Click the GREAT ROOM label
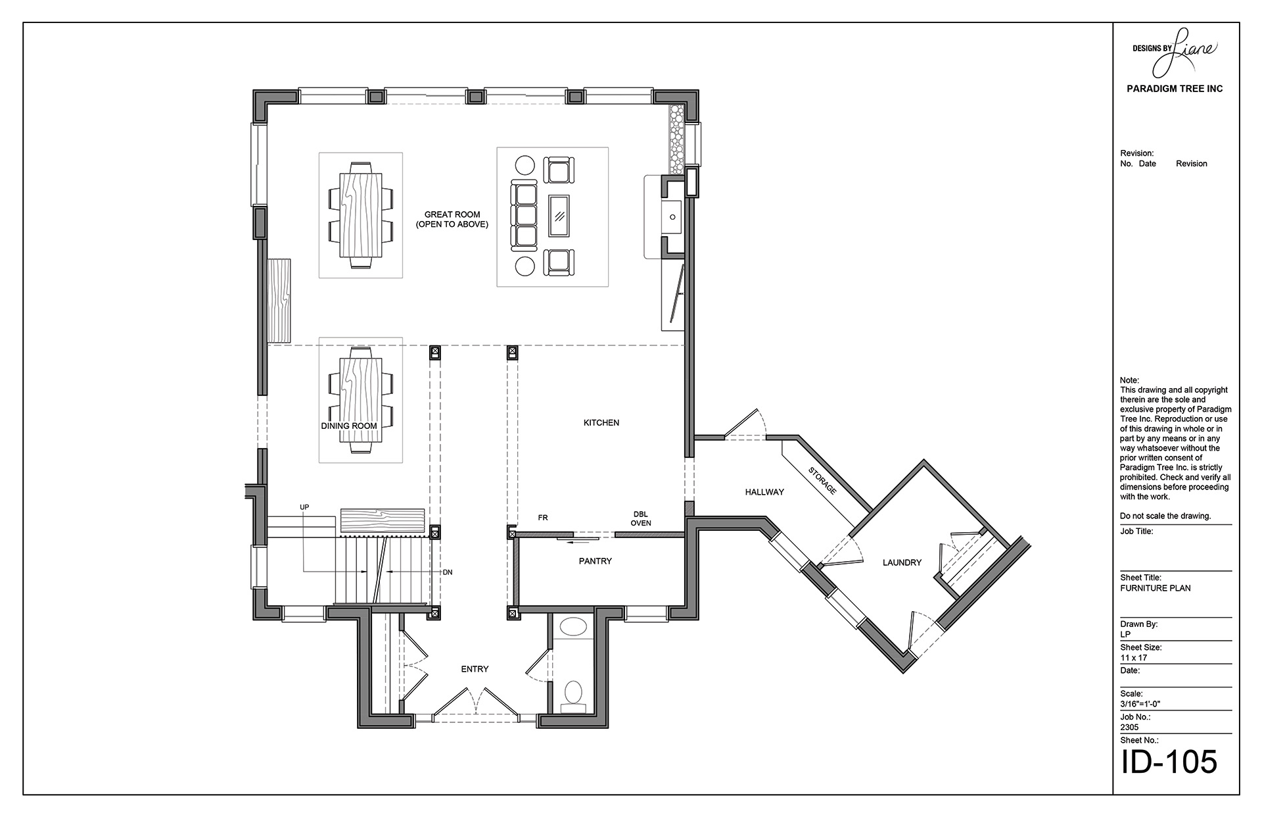click(452, 214)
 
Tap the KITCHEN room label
click(601, 423)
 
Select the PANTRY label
click(596, 561)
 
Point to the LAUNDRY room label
click(902, 562)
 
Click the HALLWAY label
click(764, 492)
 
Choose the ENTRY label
click(475, 669)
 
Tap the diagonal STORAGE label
click(822, 481)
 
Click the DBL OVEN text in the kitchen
click(641, 518)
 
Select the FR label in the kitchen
click(543, 518)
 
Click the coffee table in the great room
click(559, 215)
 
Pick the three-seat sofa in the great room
click(525, 215)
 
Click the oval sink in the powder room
click(574, 627)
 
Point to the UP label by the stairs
click(304, 507)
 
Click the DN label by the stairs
click(448, 572)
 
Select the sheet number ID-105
click(1169, 762)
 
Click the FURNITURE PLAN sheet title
click(1156, 588)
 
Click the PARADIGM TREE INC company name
click(1175, 89)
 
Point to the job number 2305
click(1130, 728)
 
